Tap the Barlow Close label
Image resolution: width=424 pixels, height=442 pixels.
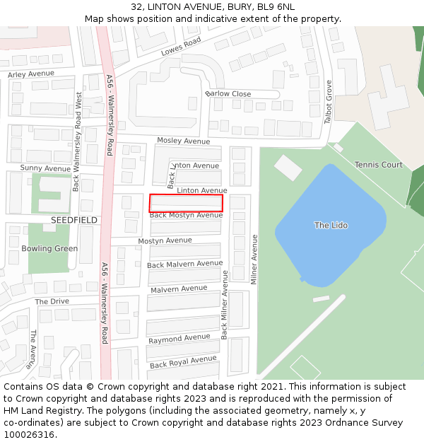pos(228,94)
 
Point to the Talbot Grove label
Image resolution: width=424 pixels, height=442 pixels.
pos(329,102)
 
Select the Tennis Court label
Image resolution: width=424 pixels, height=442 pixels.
pos(378,165)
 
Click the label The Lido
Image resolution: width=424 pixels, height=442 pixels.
pos(331,225)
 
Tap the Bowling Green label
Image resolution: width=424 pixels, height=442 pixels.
pos(49,248)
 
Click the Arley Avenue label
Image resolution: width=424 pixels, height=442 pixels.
pos(31,74)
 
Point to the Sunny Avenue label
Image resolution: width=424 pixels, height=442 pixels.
pos(45,168)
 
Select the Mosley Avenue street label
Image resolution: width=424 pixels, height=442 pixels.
pos(183,141)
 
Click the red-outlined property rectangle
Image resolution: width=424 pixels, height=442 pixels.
pos(186,202)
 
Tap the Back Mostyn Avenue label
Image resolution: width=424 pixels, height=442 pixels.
pos(186,215)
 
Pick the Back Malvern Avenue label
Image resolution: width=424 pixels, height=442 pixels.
pos(184,264)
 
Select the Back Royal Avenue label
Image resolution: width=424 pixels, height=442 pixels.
pos(183,362)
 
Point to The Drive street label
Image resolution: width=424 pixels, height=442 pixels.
pos(52,301)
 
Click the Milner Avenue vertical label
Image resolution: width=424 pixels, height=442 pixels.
pos(254,260)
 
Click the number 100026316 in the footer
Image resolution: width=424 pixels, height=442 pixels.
pos(29,434)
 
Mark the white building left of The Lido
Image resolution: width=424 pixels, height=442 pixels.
pos(288,168)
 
